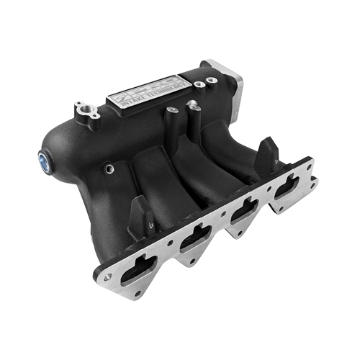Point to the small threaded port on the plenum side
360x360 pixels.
[108, 170]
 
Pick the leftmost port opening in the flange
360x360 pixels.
[138, 266]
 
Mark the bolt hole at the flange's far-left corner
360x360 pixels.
[107, 276]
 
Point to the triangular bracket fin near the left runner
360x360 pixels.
[140, 215]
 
